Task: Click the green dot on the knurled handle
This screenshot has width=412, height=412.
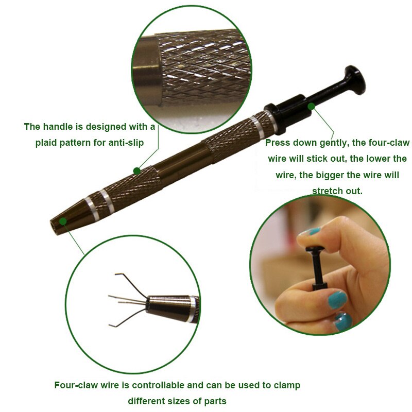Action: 136,170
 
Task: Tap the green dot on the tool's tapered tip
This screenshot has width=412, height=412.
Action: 62,221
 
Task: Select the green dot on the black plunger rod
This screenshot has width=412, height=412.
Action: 311,107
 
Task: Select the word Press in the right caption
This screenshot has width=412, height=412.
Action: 278,143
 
